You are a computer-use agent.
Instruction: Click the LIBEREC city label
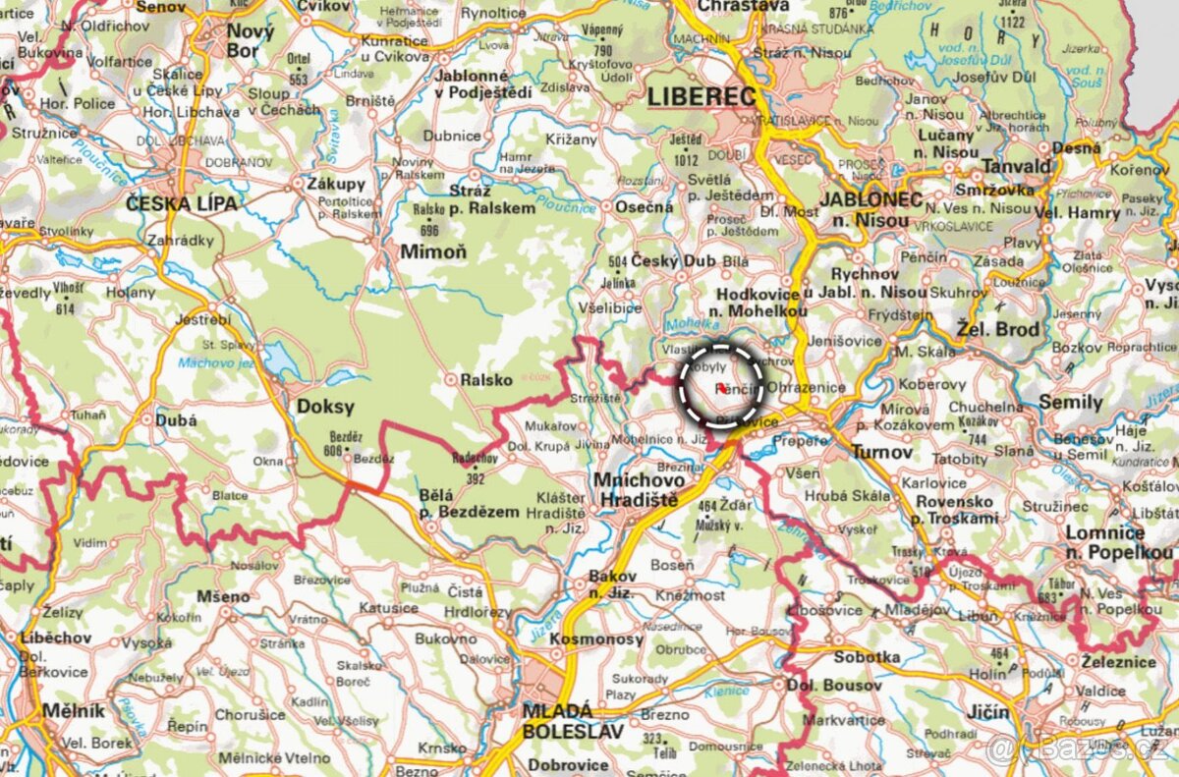(x=702, y=97)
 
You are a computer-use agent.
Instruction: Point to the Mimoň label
(x=433, y=251)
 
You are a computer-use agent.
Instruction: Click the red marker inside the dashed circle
(x=721, y=388)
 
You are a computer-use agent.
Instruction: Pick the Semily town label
(x=1070, y=402)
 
